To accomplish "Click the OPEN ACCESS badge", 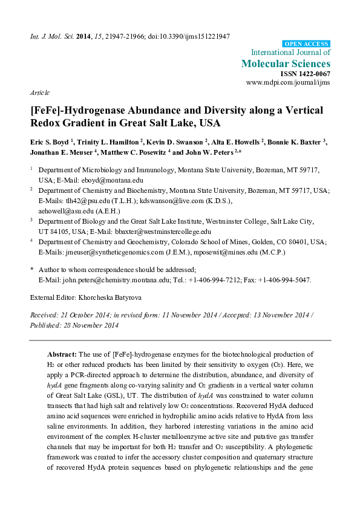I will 306,44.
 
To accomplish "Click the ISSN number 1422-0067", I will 313,73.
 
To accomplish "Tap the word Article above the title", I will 39,92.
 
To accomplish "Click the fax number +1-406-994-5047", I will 286,280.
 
